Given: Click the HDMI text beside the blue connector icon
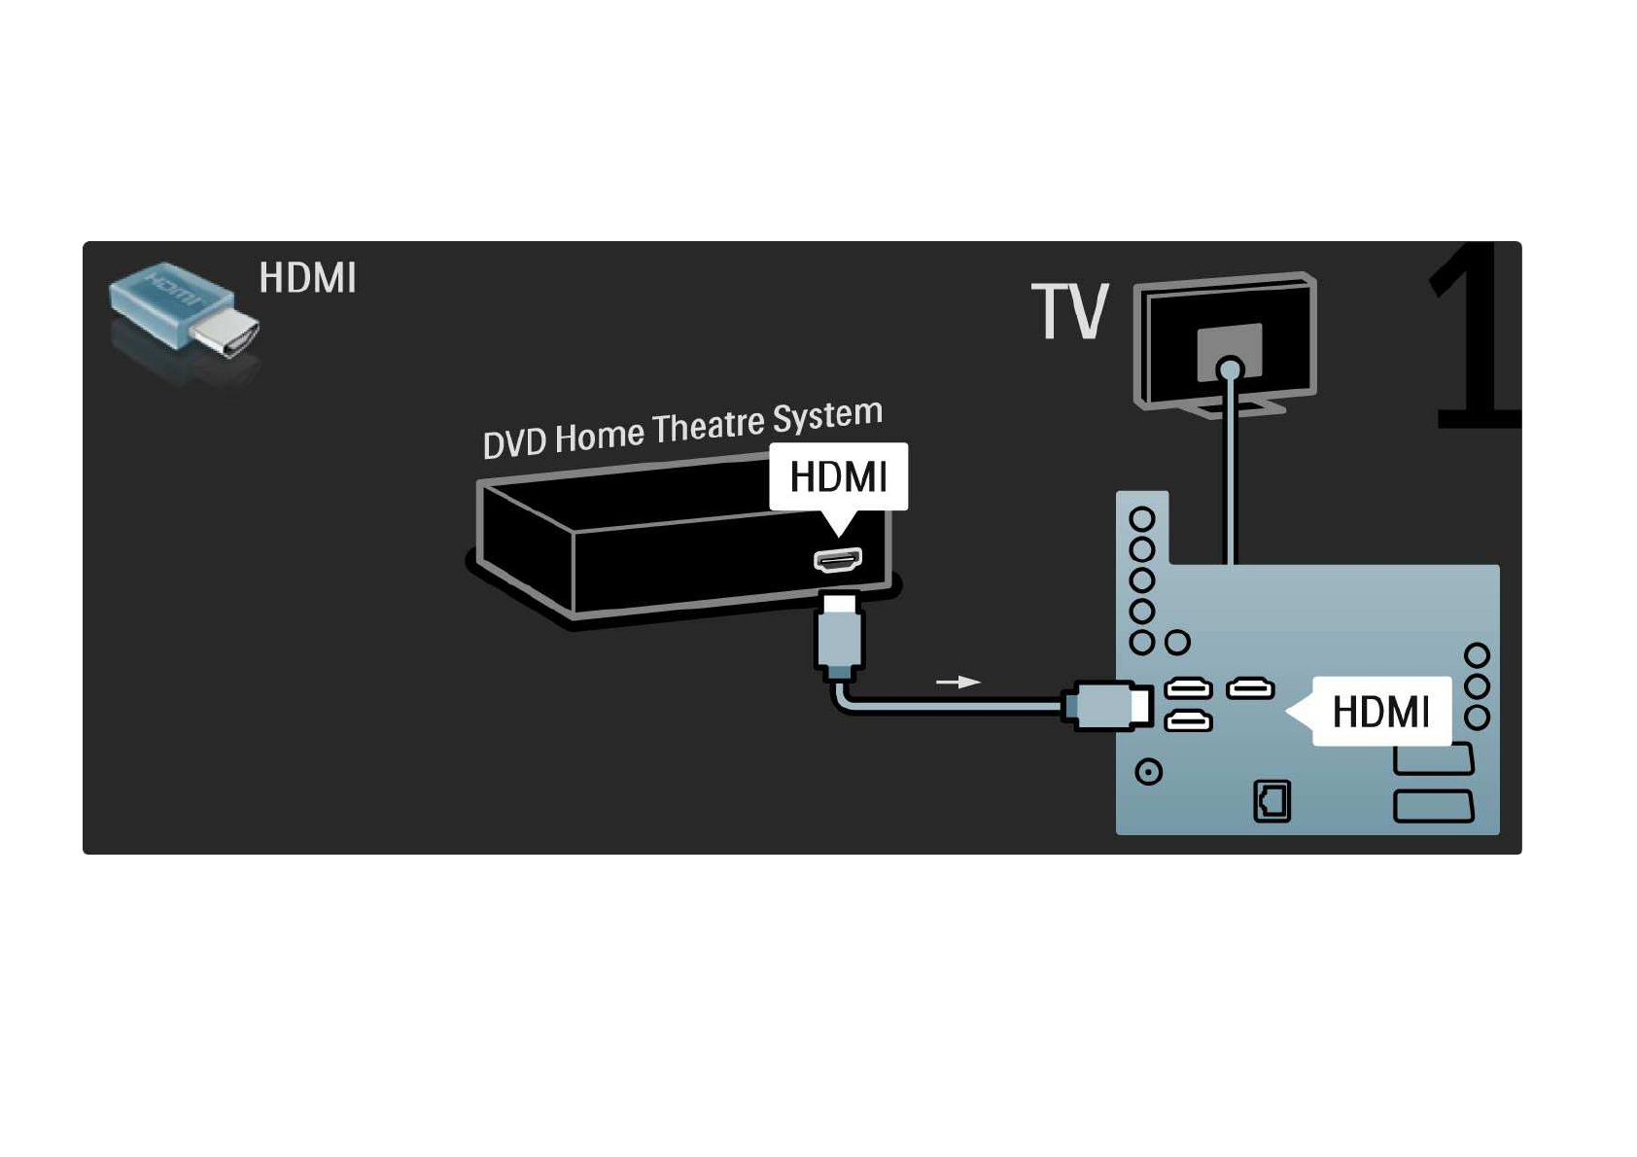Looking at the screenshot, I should click(307, 278).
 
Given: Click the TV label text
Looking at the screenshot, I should click(1069, 312).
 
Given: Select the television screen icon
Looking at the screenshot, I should click(1226, 342).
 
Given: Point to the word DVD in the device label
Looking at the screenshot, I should click(514, 442).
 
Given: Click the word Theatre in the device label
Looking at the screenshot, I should click(708, 427).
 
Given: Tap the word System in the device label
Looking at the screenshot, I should click(827, 416).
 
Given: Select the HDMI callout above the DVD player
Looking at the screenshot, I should click(838, 476).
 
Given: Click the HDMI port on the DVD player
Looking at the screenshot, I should click(837, 560).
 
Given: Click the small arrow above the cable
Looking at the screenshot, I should click(958, 682).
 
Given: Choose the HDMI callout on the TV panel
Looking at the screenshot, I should click(1380, 712).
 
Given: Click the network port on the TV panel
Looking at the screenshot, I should click(1271, 801).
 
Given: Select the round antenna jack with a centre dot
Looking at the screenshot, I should click(1149, 772).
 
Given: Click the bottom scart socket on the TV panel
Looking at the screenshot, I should click(1433, 806).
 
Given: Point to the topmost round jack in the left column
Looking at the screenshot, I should click(1142, 518).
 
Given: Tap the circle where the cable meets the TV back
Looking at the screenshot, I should click(1230, 369).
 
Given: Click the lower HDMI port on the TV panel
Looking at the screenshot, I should click(1188, 721).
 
